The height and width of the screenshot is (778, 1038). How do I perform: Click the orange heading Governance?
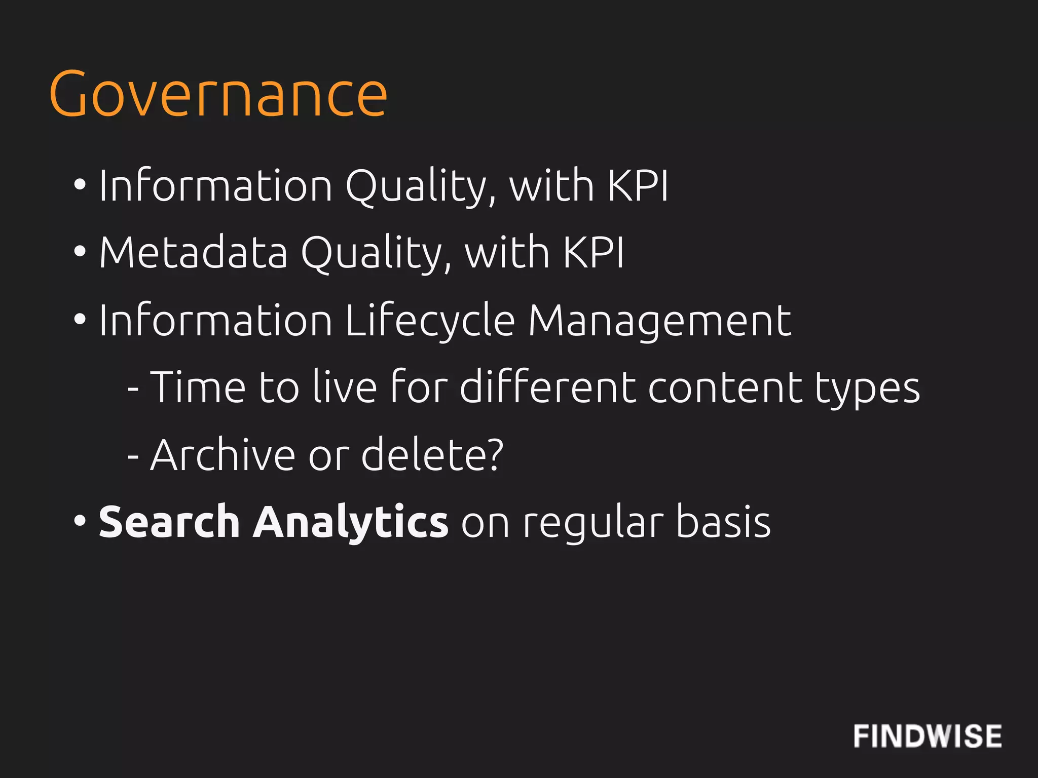218,94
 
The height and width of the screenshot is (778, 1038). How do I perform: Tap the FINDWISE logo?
927,736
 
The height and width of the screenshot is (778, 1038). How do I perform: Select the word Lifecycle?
430,321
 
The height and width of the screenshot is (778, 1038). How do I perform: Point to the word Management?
659,321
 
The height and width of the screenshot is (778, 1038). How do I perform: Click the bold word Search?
169,522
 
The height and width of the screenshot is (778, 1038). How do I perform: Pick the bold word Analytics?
350,522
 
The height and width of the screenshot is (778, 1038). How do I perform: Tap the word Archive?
223,455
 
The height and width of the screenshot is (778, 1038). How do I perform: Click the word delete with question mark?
432,455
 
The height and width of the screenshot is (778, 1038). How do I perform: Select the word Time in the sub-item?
198,387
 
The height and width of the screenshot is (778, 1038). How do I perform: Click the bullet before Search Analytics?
80,521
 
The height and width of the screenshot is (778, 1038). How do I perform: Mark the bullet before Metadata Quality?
80,251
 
